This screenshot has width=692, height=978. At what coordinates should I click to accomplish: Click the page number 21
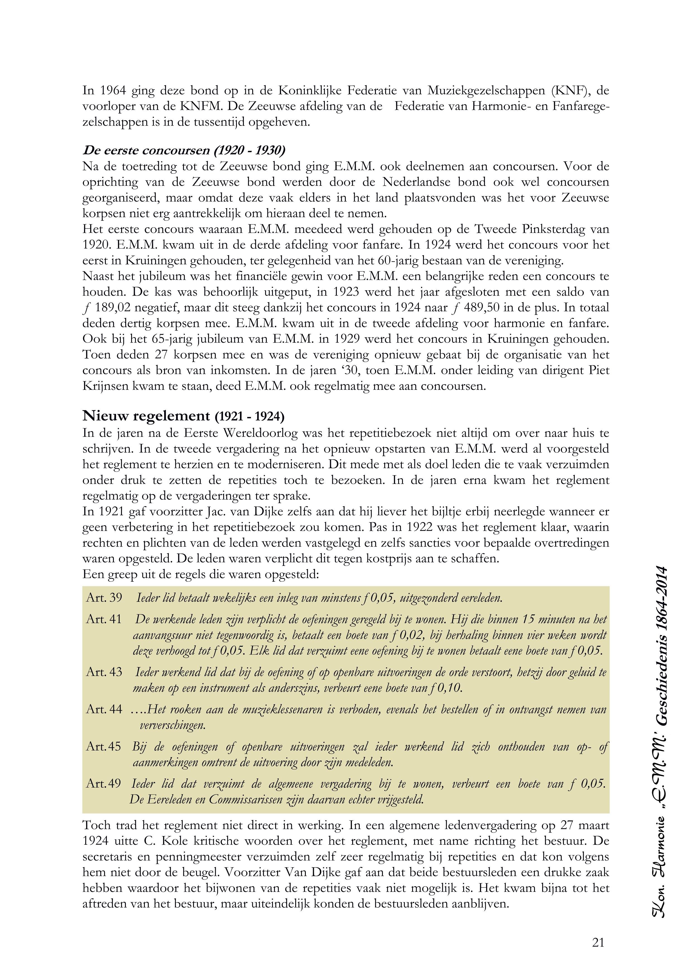click(598, 943)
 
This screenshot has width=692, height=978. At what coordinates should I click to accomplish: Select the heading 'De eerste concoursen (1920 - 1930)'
click(184, 150)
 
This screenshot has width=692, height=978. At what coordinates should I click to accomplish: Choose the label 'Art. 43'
click(104, 672)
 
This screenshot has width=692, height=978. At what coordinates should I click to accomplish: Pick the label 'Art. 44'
click(104, 709)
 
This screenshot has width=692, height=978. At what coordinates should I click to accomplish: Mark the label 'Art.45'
click(104, 747)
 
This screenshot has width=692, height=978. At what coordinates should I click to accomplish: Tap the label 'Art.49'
click(104, 784)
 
